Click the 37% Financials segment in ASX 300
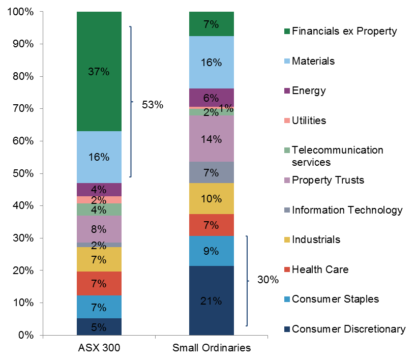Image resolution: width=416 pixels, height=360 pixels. tap(99, 71)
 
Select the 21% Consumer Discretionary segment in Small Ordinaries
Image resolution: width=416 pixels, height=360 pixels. tap(211, 301)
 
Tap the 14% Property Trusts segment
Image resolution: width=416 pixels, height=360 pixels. tap(211, 139)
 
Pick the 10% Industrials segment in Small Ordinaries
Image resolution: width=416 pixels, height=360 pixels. tap(211, 198)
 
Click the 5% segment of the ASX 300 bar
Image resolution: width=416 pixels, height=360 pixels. tap(99, 327)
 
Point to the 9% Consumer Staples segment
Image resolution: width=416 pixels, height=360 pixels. tap(211, 250)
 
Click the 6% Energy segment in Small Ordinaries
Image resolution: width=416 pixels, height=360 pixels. tap(211, 98)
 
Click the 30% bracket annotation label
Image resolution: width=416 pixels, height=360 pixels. tap(268, 280)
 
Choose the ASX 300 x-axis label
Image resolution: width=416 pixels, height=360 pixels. tap(99, 348)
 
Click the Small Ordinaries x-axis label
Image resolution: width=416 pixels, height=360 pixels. tap(211, 348)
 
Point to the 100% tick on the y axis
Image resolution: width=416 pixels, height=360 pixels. tap(21, 11)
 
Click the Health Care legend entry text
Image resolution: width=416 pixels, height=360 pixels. tap(320, 269)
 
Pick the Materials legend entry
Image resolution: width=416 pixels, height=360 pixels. tap(313, 61)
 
